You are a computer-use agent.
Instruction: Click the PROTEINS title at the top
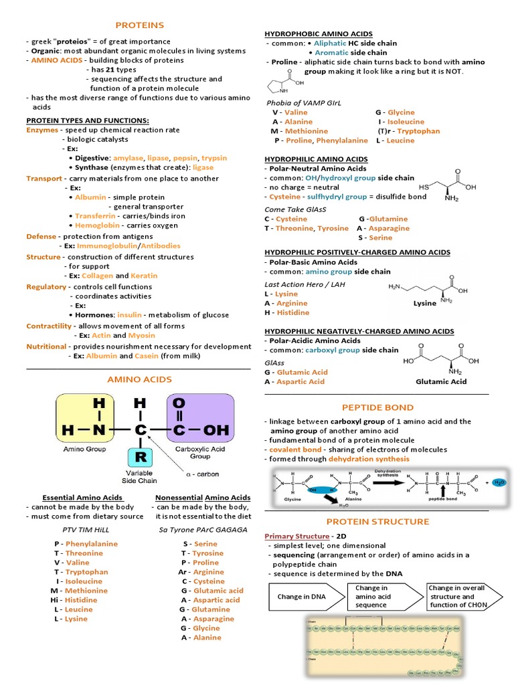coord(139,25)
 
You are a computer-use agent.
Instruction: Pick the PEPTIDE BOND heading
coord(377,407)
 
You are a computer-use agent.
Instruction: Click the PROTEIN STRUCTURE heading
coord(377,521)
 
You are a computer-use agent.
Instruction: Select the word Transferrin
coord(96,217)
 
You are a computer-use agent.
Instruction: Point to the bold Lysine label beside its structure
coord(425,303)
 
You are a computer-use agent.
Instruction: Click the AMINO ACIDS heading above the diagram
coord(139,379)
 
